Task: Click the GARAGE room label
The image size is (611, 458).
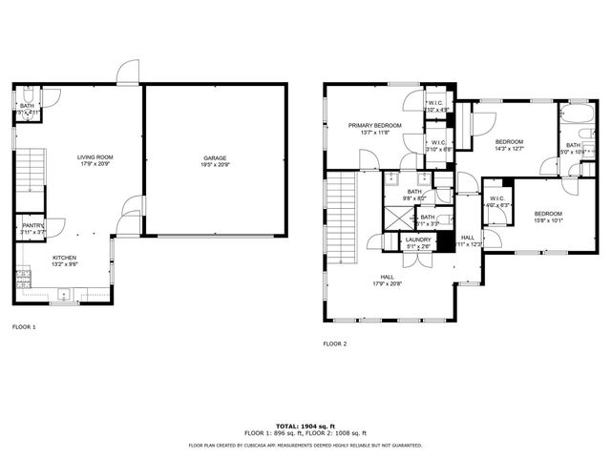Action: click(x=214, y=157)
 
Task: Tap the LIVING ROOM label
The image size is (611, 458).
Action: click(x=95, y=157)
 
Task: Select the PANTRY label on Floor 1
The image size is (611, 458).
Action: click(x=32, y=225)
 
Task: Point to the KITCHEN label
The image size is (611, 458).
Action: click(x=64, y=257)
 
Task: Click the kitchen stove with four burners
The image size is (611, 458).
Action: click(x=23, y=279)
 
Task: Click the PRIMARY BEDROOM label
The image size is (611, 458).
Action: click(x=374, y=125)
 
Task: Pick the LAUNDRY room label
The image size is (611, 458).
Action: click(x=418, y=239)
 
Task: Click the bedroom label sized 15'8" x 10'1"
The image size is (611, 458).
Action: click(x=548, y=213)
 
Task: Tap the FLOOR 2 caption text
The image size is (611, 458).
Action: click(x=334, y=343)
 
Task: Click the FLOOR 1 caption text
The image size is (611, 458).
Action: click(x=24, y=327)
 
